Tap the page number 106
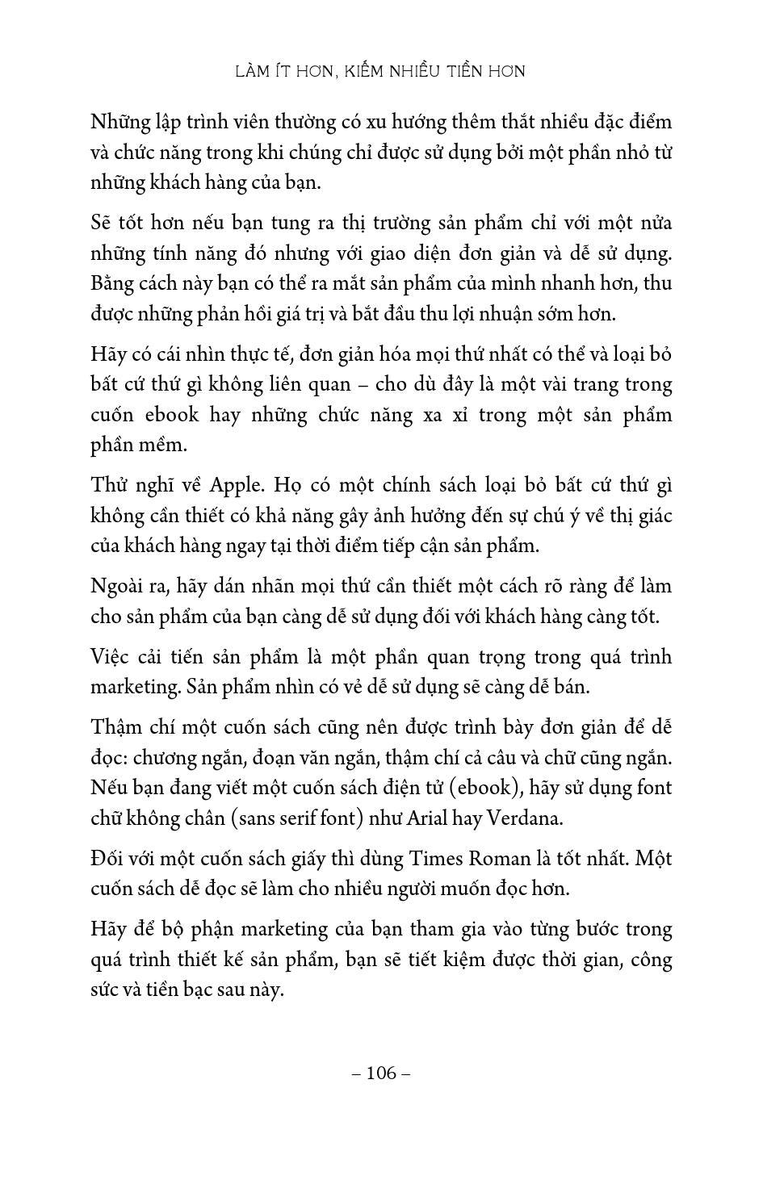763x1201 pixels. tap(382, 1073)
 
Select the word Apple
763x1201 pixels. tap(237, 485)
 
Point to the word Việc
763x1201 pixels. tap(110, 658)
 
